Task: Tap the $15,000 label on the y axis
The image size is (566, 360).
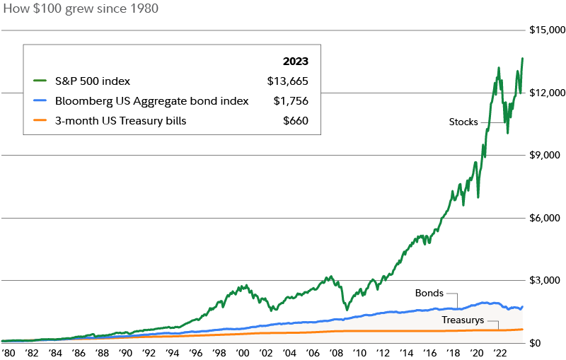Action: click(x=547, y=30)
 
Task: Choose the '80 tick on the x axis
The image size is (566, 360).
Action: click(x=8, y=352)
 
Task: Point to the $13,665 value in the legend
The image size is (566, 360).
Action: click(x=288, y=81)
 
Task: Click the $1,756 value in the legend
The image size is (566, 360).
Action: click(x=291, y=101)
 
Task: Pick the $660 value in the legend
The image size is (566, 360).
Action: click(x=296, y=121)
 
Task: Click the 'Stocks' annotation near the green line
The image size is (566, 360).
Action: click(x=463, y=122)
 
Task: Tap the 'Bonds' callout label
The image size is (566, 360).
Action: click(x=429, y=292)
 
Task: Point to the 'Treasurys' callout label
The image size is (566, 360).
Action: click(x=463, y=320)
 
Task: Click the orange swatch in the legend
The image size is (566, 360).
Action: click(x=40, y=121)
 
